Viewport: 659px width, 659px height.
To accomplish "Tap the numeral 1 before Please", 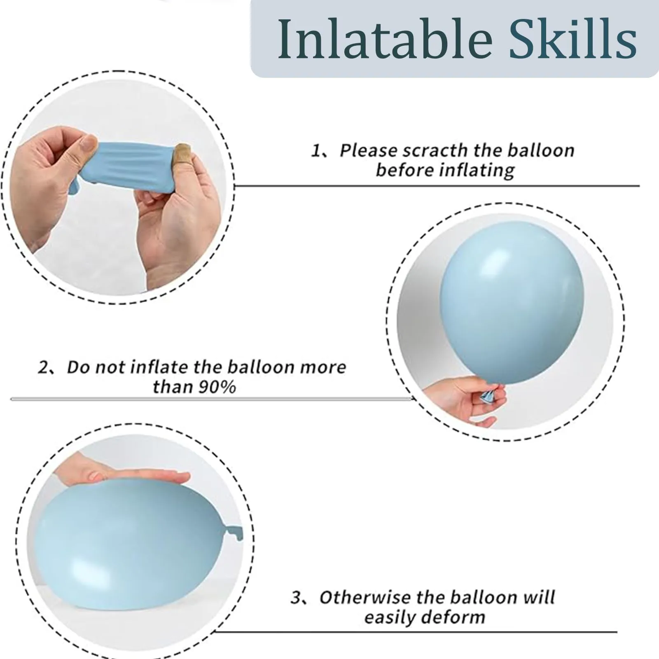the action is click(x=315, y=151).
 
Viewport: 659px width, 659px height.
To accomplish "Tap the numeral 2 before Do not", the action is click(x=43, y=367).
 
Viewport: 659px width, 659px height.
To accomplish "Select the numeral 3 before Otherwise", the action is click(x=296, y=598).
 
